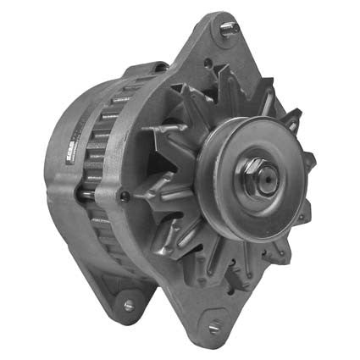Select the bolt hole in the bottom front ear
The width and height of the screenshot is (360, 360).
tap(213, 325)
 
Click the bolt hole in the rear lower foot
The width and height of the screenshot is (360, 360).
tap(128, 304)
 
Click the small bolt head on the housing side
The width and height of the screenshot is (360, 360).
tap(125, 197)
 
